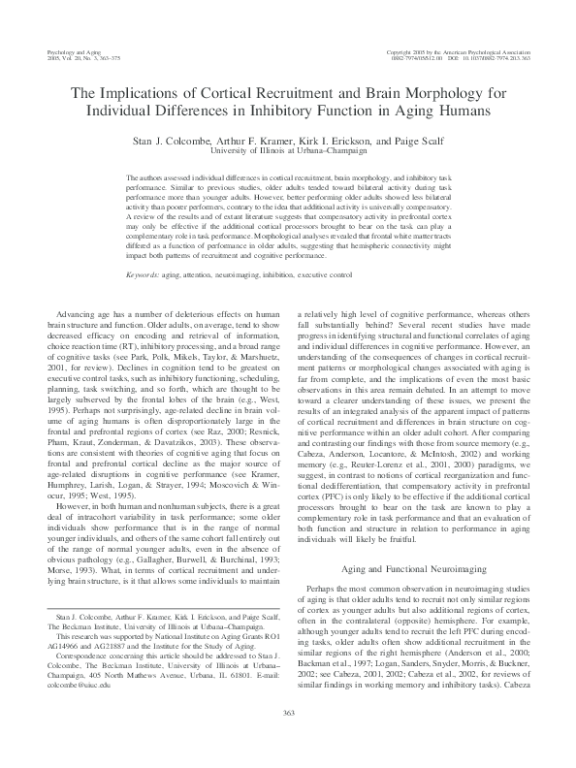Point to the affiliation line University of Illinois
pyautogui.click(x=288, y=151)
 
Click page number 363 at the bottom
pyautogui.click(x=288, y=742)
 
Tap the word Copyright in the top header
pyautogui.click(x=403, y=50)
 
